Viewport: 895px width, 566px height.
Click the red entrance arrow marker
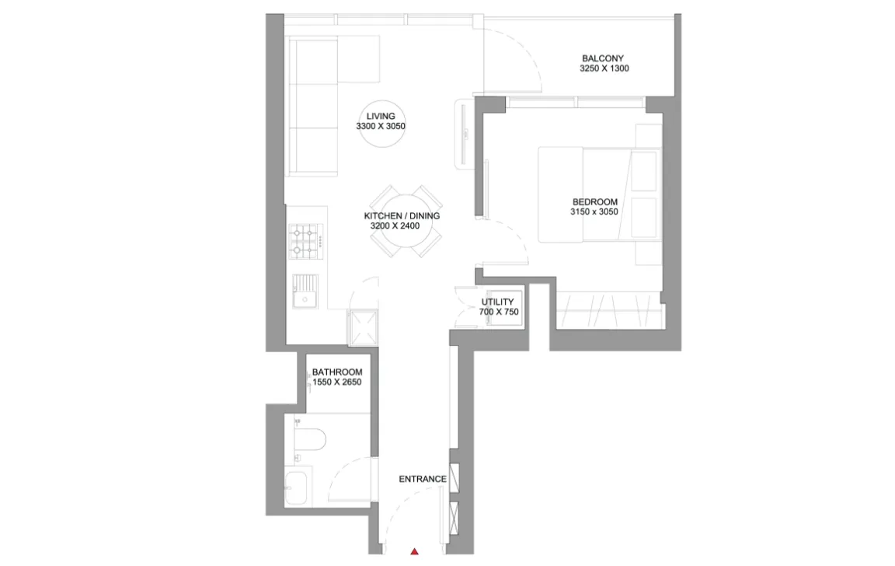pyautogui.click(x=414, y=551)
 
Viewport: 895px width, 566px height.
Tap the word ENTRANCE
pyautogui.click(x=423, y=479)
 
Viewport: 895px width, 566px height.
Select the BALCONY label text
pyautogui.click(x=603, y=58)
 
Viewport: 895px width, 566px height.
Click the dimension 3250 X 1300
pyautogui.click(x=604, y=68)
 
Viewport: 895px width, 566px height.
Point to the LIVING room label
pyautogui.click(x=381, y=117)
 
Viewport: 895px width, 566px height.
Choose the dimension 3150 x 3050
pyautogui.click(x=594, y=212)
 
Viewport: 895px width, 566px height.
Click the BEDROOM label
pyautogui.click(x=595, y=202)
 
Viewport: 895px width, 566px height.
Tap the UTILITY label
pyautogui.click(x=497, y=302)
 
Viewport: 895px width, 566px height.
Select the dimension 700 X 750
pyautogui.click(x=499, y=312)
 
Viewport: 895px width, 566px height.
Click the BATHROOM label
pyautogui.click(x=336, y=372)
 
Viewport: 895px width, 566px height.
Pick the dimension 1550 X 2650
pyautogui.click(x=336, y=382)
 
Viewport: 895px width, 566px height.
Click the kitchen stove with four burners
pyautogui.click(x=305, y=242)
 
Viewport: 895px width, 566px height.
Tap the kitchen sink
pyautogui.click(x=305, y=292)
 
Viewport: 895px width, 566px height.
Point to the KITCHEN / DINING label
pyautogui.click(x=402, y=216)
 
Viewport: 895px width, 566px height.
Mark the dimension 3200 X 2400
pyautogui.click(x=395, y=226)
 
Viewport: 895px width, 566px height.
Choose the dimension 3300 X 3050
pyautogui.click(x=381, y=126)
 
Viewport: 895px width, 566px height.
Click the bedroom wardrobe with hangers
pyautogui.click(x=610, y=309)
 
